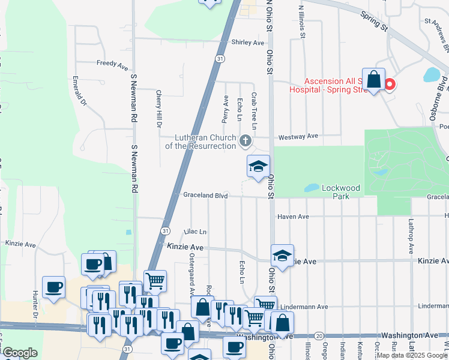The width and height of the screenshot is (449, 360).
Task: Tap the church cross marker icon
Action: click(245, 141)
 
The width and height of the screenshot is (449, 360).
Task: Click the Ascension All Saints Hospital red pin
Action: click(389, 85)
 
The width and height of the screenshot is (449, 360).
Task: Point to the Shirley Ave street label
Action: click(248, 43)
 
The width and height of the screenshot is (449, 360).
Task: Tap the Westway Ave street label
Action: click(304, 136)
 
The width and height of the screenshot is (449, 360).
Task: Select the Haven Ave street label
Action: click(293, 216)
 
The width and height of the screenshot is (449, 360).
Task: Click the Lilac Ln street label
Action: click(195, 232)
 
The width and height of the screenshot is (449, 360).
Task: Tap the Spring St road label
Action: click(375, 21)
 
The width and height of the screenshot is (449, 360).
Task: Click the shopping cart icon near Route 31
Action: click(155, 280)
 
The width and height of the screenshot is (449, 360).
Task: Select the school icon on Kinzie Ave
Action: click(282, 256)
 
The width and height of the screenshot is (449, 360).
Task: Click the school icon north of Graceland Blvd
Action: click(258, 166)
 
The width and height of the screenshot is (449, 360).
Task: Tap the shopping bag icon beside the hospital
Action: click(373, 79)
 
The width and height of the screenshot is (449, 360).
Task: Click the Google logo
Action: click(20, 353)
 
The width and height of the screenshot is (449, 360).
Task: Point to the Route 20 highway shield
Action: click(319, 336)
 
